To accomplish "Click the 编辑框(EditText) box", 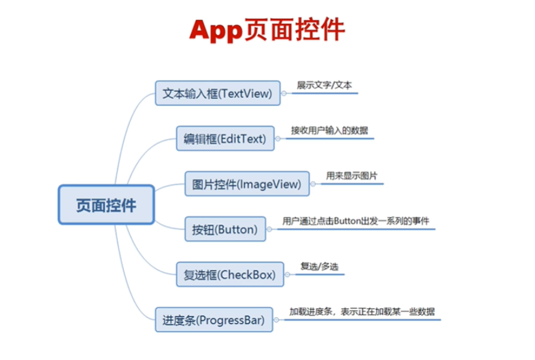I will pyautogui.click(x=225, y=139).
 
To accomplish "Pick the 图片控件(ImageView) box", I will pyautogui.click(x=247, y=184).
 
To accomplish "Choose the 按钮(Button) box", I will pyautogui.click(x=225, y=229).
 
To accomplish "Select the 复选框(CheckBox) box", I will pyautogui.click(x=229, y=275).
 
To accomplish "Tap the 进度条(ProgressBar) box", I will pyautogui.click(x=213, y=320).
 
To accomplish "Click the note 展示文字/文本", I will pyautogui.click(x=324, y=85).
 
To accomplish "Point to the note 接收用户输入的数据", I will pyautogui.click(x=330, y=130).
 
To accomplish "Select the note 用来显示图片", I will pyautogui.click(x=352, y=175).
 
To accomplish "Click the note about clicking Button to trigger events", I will pyautogui.click(x=356, y=221).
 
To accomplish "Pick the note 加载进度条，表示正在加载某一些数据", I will pyautogui.click(x=362, y=311).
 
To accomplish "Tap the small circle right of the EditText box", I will pyautogui.click(x=279, y=139).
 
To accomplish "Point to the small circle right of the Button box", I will pyautogui.click(x=270, y=229).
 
